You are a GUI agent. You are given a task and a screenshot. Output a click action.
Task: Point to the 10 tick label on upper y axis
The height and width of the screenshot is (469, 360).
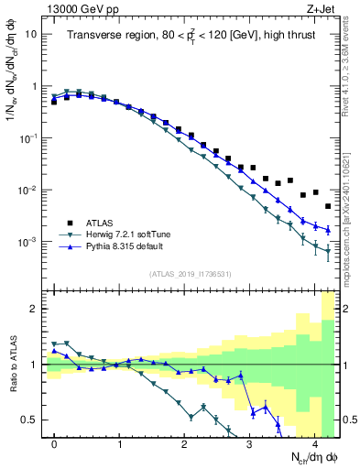[31, 34]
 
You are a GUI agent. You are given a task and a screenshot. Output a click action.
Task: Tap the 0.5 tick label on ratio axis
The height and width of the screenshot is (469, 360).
[29, 420]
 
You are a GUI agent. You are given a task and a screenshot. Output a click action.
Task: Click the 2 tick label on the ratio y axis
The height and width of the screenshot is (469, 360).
[34, 309]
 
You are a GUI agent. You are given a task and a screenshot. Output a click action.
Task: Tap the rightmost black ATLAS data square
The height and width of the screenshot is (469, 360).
[328, 206]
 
